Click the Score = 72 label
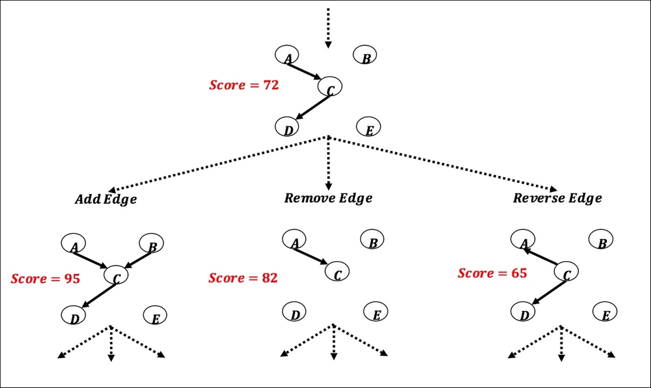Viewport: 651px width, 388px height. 243,85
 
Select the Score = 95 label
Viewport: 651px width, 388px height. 45,279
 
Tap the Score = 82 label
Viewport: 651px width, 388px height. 243,278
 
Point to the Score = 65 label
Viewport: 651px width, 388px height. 492,273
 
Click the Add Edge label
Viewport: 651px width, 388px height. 105,199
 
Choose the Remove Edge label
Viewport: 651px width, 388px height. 328,198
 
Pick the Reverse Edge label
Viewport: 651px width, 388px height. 557,198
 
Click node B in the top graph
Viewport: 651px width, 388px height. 365,57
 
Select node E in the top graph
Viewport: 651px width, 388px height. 368,128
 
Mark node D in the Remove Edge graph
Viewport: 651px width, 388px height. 295,313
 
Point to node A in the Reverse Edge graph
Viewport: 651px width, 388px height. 523,241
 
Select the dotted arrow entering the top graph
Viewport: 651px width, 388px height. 328,27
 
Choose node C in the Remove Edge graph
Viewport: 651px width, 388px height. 337,272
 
